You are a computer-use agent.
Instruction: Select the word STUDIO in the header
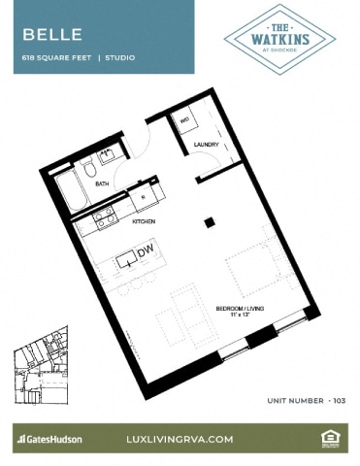pyautogui.click(x=120, y=58)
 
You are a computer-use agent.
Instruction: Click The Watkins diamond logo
pyautogui.click(x=279, y=38)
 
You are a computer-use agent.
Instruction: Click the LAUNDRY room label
pyautogui.click(x=206, y=146)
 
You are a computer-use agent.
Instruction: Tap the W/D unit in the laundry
pyautogui.click(x=184, y=121)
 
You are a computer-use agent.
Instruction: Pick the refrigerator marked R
pyautogui.click(x=144, y=195)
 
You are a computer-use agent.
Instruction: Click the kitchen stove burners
pyautogui.click(x=103, y=221)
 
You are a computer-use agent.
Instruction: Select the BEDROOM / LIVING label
pyautogui.click(x=247, y=309)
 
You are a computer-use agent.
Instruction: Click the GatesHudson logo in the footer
pyautogui.click(x=49, y=439)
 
